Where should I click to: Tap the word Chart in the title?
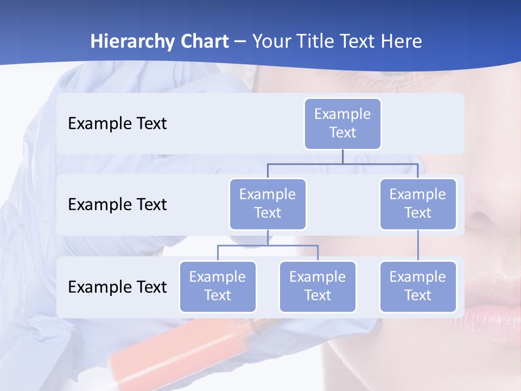click(204, 42)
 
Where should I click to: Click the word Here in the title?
click(400, 42)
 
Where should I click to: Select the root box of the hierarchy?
click(342, 124)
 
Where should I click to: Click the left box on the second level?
click(268, 204)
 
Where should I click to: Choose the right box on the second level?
click(418, 204)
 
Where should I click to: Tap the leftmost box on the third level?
click(218, 287)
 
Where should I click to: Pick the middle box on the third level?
click(317, 287)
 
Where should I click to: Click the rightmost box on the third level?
click(418, 287)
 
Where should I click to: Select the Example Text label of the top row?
click(117, 124)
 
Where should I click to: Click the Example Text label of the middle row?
click(117, 205)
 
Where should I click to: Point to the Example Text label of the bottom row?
click(117, 287)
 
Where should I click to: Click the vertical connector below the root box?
click(342, 156)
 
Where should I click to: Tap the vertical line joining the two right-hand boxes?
click(418, 245)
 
